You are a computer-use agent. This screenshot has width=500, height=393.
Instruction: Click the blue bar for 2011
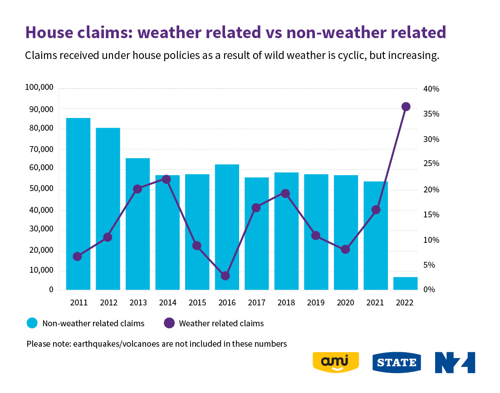click(78, 204)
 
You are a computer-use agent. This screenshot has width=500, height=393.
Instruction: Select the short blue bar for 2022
click(405, 283)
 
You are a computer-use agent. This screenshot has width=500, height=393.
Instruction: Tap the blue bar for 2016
click(227, 227)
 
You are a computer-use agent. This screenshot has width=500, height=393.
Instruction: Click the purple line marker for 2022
click(406, 107)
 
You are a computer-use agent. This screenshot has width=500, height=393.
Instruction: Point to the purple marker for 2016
click(225, 276)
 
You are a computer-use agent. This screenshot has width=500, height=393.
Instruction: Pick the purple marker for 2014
click(166, 180)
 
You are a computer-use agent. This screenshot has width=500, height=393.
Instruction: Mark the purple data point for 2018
click(285, 193)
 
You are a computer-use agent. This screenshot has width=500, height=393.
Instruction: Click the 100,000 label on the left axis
click(39, 88)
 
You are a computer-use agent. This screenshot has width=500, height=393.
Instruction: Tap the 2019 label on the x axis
click(317, 303)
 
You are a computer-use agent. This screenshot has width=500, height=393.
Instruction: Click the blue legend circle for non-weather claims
click(32, 323)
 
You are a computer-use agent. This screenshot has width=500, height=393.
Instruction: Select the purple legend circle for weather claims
click(169, 323)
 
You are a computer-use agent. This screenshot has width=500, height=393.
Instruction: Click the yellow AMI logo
click(336, 362)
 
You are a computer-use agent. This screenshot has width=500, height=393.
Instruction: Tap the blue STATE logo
click(397, 363)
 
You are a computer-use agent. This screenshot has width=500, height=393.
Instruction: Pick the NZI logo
click(455, 362)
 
